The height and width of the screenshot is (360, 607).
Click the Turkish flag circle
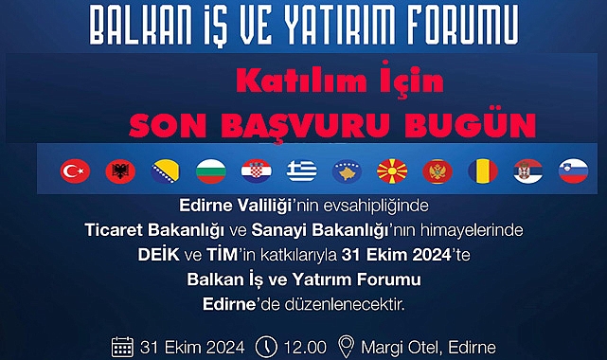coord(75,171)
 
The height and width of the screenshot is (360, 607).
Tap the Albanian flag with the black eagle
coord(120,171)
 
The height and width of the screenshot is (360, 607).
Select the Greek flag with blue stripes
coord(301,171)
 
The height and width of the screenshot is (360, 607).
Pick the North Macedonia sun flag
coord(392,171)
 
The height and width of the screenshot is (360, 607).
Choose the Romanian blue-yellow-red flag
coord(483,171)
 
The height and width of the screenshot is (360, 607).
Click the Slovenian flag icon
coord(573,171)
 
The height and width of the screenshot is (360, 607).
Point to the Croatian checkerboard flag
coord(257,171)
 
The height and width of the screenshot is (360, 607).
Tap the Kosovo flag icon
coord(347,171)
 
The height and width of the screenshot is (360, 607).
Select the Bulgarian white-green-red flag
coord(211,171)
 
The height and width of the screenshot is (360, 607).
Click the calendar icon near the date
coord(122,347)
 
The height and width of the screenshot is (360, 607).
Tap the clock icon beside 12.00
coord(266,347)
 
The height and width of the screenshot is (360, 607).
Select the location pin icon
coord(346,347)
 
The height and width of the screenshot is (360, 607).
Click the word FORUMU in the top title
coord(463,26)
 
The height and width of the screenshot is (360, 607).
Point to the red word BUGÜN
coord(471,125)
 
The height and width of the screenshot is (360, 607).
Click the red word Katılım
coord(301,81)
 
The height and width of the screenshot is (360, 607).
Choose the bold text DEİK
coord(159,255)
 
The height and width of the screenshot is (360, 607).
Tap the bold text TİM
coord(222,255)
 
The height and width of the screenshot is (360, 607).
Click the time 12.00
coord(305,348)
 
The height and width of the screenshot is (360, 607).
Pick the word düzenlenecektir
coord(345,304)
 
